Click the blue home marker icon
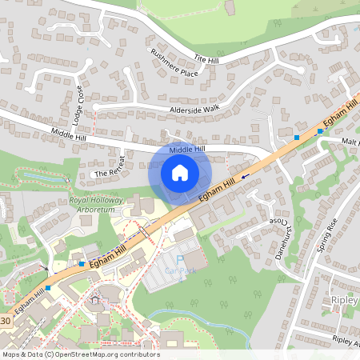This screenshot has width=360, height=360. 180,172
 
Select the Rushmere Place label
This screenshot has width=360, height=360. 174,62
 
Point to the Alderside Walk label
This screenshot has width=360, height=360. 194,108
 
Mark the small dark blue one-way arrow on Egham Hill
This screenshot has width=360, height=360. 245,172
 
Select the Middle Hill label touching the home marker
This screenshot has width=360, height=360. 187,149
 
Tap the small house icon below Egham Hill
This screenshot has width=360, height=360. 96,299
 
